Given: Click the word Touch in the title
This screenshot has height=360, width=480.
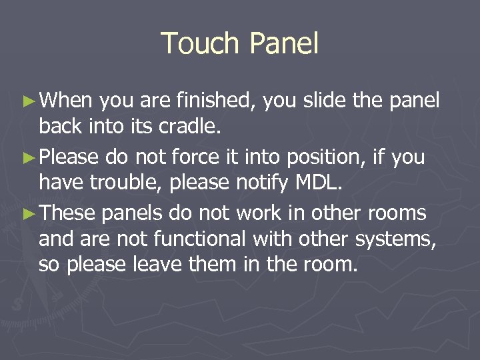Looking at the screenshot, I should pyautogui.click(x=201, y=44).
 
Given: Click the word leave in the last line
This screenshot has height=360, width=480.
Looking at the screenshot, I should pyautogui.click(x=153, y=264).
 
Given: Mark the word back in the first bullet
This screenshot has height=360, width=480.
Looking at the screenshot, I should pyautogui.click(x=58, y=126).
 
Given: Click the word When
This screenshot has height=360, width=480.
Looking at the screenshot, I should pyautogui.click(x=67, y=101).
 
